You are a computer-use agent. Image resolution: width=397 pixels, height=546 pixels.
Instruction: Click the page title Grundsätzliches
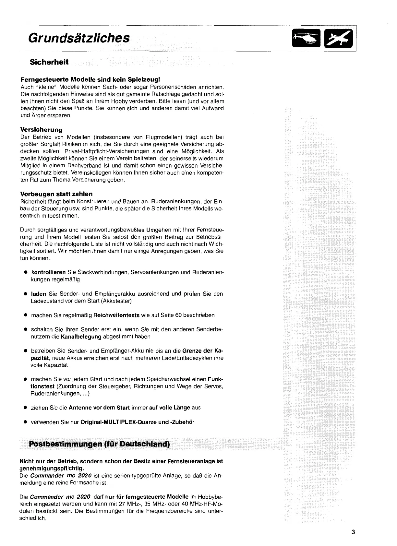pos(79,38)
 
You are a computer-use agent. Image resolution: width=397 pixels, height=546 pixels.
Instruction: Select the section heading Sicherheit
pos(49,62)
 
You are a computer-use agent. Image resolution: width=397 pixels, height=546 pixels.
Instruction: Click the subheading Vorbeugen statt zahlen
pos(56,194)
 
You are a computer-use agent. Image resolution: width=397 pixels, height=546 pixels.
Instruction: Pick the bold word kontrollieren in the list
pos(48,272)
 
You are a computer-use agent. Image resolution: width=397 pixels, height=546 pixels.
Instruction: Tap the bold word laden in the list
pos(38,294)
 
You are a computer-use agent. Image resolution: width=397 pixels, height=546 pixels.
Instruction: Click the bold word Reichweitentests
pos(116,315)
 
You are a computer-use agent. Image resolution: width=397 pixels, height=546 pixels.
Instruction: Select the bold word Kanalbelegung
pos(81,337)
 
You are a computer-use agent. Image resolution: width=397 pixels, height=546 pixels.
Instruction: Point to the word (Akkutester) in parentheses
pos(116,301)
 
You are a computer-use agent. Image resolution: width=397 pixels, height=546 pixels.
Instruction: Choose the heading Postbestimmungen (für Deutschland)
pos(99,444)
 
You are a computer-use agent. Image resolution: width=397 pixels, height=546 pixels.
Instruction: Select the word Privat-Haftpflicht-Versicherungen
pos(107,151)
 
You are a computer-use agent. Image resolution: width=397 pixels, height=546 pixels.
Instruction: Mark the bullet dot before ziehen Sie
pos(25,408)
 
